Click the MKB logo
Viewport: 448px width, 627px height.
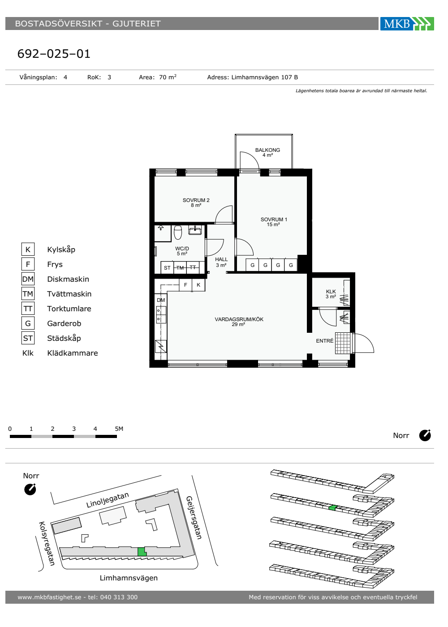407,23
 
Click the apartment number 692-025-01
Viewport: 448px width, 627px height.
54,54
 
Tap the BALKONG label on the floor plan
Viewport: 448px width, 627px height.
267,150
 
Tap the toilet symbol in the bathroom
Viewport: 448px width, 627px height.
178,232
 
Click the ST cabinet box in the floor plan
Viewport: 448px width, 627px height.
167,268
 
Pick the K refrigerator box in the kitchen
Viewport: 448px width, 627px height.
198,285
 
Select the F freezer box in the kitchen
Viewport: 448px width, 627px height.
185,285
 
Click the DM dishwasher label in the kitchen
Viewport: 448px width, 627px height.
161,300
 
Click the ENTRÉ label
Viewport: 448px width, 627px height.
324,341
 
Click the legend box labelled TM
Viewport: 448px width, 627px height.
28,294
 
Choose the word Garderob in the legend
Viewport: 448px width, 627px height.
64,323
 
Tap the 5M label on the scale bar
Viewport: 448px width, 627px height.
119,429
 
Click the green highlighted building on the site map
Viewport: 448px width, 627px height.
142,552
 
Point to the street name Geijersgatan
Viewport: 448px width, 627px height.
194,518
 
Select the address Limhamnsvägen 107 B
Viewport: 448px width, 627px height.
265,77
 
